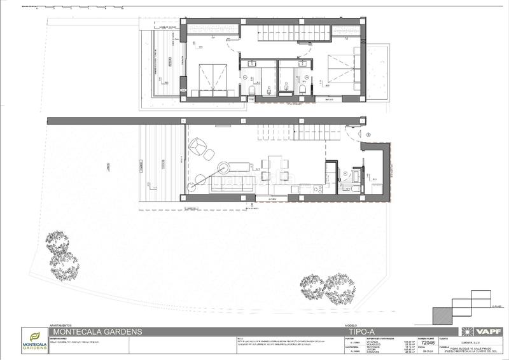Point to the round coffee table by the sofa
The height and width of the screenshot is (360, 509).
coord(224,168)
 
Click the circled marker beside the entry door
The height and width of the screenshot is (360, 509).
coord(369,134)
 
